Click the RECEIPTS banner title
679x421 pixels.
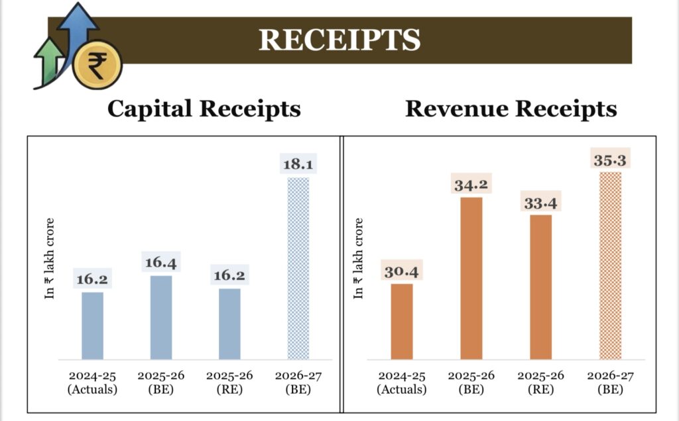pos(339,40)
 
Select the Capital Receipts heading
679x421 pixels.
pos(204,109)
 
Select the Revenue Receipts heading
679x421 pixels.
pos(511,109)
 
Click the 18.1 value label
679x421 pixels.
pos(298,164)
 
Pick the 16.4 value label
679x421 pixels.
pos(161,262)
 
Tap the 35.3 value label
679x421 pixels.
pos(609,159)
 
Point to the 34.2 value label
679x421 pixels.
pos(471,184)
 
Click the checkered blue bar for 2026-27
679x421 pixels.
pos(298,268)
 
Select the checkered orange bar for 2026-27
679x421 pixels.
pos(610,265)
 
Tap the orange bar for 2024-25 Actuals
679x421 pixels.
pos(402,321)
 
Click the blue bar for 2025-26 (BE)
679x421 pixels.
pos(161,317)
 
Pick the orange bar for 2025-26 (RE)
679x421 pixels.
pos(540,287)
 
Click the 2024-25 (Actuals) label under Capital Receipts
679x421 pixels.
pos(92,383)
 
